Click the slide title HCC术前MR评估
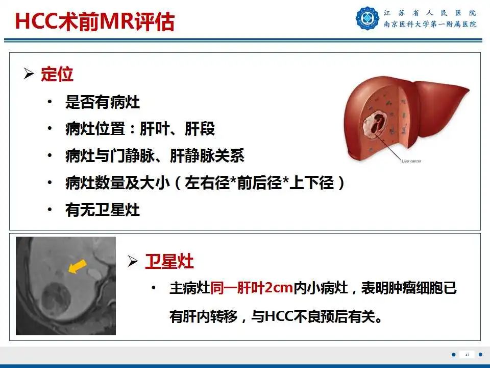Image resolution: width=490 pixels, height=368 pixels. (94, 21)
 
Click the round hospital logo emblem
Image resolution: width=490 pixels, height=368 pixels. (367, 18)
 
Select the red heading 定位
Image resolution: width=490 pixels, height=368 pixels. (57, 75)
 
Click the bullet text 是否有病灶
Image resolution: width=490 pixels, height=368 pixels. (103, 103)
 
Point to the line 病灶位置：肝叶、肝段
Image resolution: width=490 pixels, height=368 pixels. (140, 129)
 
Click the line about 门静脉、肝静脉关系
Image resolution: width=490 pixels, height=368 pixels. (155, 156)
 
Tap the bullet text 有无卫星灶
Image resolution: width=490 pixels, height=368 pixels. (103, 210)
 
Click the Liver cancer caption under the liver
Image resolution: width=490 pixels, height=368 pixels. (411, 162)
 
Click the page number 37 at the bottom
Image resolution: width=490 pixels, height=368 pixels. (467, 355)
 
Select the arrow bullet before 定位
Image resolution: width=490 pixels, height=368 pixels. (29, 75)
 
